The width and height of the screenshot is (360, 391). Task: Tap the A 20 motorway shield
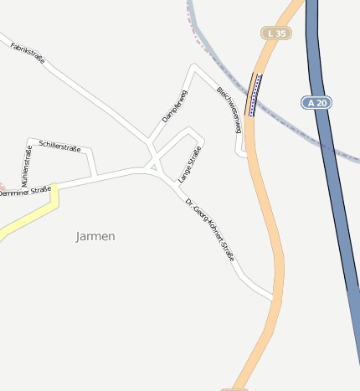point(314,102)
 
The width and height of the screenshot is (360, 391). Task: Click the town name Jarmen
point(95,236)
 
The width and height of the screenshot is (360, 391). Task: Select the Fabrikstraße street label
point(28,52)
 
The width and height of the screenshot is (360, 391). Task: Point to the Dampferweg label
point(173,107)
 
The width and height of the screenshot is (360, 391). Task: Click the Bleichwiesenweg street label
point(229,111)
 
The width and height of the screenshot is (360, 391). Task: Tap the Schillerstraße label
point(59,147)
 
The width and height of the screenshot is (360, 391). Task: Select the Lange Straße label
point(190,164)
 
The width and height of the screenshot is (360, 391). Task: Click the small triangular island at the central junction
point(153,167)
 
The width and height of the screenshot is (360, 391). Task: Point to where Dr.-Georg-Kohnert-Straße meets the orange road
point(274,296)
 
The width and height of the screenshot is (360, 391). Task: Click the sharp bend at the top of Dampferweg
point(194,66)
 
